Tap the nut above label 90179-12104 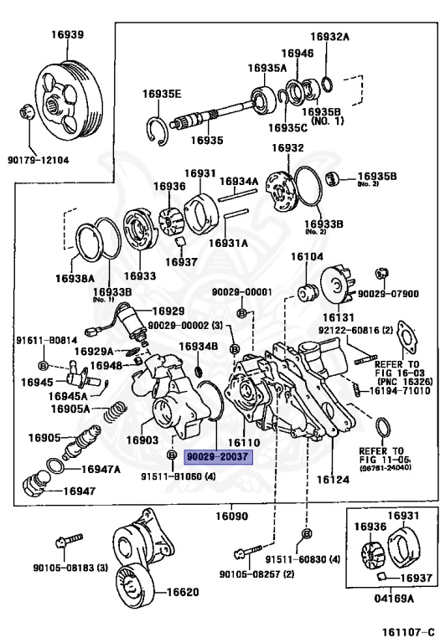(x=26, y=112)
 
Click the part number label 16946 (x=298, y=54)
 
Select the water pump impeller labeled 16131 (x=337, y=285)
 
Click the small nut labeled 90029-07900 (x=382, y=273)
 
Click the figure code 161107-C (x=408, y=631)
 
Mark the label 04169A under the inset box (x=393, y=599)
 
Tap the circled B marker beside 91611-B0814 (x=43, y=364)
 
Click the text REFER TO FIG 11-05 (x=381, y=455)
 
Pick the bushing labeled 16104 (x=308, y=292)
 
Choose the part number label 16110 (x=244, y=442)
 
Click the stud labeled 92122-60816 (x=365, y=360)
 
